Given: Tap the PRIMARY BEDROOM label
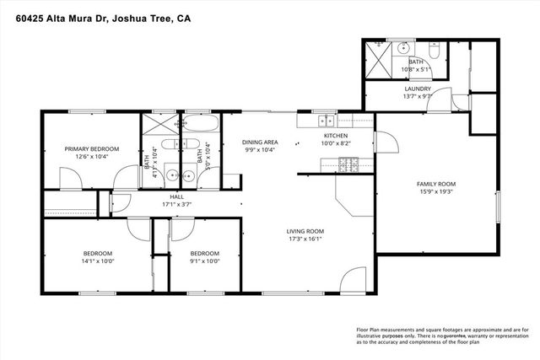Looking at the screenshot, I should point(92,148).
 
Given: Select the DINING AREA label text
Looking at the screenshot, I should point(259,142).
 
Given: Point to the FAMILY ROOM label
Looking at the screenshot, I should point(435,184).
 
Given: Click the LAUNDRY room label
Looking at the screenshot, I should point(418,89).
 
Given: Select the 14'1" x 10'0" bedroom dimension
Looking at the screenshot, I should point(97,261).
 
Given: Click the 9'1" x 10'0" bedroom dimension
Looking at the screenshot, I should point(204,261).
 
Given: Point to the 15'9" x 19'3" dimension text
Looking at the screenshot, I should point(435,192).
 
